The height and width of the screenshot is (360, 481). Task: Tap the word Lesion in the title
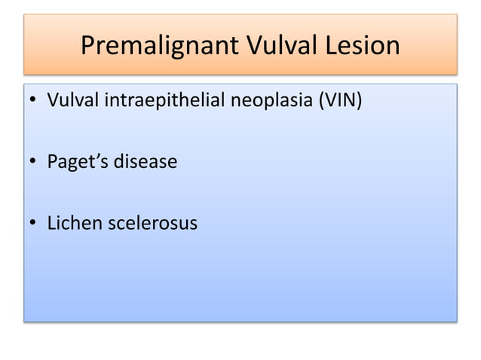coord(364,46)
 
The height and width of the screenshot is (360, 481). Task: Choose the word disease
coord(146,162)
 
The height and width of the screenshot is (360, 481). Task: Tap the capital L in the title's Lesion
coord(332,46)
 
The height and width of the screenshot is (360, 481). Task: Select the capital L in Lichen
coord(51,224)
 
